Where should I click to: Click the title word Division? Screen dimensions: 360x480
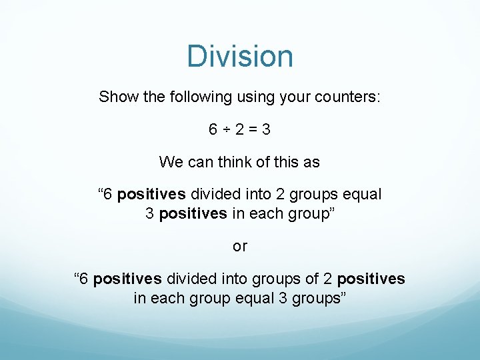tap(240, 56)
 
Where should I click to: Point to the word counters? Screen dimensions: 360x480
tap(351, 97)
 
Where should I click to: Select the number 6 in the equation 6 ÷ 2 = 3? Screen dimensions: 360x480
tap(213, 129)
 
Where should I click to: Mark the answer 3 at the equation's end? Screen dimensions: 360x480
tap(267, 129)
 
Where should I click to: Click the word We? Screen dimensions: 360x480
tap(169, 161)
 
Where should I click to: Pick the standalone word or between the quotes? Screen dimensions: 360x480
tap(240, 246)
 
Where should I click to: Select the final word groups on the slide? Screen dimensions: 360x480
tap(318, 298)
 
